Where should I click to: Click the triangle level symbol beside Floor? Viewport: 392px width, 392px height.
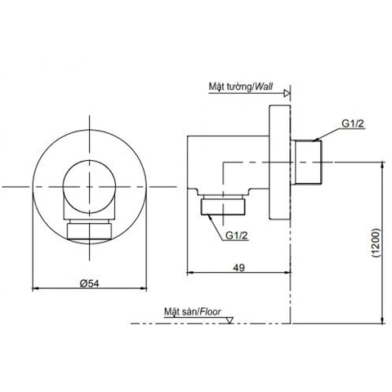[x=231, y=318]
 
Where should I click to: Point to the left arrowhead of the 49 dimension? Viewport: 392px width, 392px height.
[x=191, y=273]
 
